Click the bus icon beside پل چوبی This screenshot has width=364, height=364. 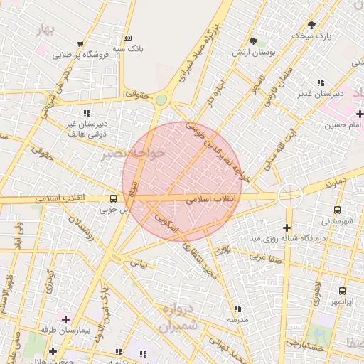113,199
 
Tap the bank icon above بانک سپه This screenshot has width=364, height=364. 127,38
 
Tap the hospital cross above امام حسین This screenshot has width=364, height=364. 360,114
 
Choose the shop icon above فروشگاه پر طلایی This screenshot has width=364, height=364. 80,43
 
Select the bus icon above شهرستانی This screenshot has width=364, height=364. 336,210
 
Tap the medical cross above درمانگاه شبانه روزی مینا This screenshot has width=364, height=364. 287,228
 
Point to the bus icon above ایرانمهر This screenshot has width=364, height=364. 342,291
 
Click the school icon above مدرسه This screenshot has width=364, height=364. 237,309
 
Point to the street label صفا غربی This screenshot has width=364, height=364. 267,256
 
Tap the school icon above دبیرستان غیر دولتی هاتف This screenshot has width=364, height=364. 87,113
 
